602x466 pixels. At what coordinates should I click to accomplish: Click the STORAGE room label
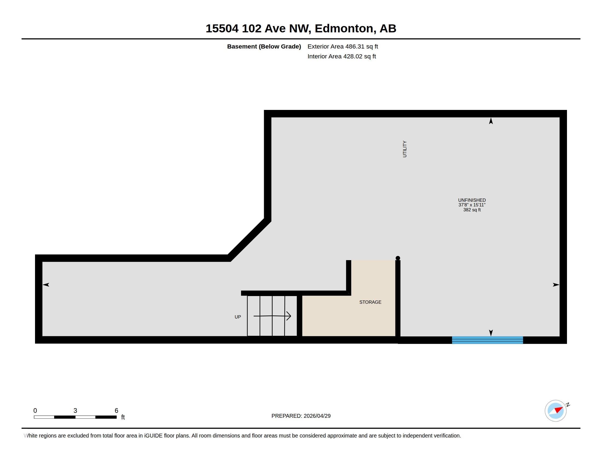coord(370,302)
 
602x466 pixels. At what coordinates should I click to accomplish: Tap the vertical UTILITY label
coord(405,149)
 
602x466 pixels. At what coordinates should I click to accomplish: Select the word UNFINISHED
coord(472,200)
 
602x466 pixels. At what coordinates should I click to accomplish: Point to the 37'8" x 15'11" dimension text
coord(472,205)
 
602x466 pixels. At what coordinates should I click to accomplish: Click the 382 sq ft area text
coord(472,210)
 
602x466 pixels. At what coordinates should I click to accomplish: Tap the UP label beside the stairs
coord(238,317)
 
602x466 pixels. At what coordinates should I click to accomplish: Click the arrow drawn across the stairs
coord(272,316)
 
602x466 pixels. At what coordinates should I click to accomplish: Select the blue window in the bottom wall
coord(487,340)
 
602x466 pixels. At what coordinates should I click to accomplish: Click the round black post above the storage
coord(398,258)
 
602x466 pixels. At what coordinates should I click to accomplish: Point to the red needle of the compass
coord(558,410)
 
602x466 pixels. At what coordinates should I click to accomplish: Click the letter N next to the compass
coord(568,405)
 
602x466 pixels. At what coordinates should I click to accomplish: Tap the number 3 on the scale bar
coord(75,411)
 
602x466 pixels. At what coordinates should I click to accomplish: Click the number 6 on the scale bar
coord(116,411)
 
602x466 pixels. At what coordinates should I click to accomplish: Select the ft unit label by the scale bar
coord(123,417)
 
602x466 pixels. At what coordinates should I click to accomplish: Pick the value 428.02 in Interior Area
coord(352,56)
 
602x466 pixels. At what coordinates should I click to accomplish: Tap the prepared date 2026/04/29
coord(317,416)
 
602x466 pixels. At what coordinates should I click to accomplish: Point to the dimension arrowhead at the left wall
coord(46,285)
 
